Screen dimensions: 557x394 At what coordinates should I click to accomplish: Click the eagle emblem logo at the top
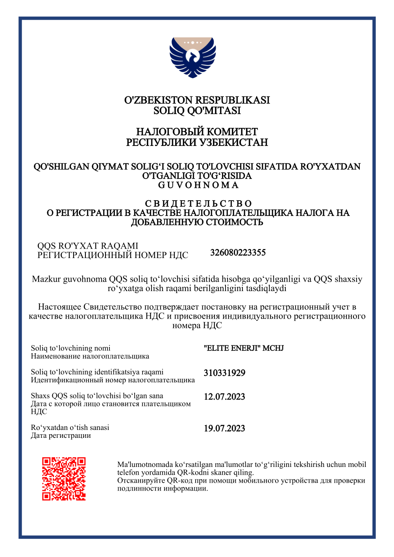tap(193, 57)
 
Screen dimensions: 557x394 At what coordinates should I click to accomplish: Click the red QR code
tap(64, 479)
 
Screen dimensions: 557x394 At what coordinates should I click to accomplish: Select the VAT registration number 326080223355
tap(238, 253)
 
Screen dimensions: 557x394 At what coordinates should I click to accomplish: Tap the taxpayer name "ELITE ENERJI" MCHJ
tap(244, 348)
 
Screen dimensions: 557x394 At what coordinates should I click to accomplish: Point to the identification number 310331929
tap(224, 373)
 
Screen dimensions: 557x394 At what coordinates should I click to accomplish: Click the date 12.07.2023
tap(224, 397)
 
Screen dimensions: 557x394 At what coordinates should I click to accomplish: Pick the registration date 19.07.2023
tap(224, 428)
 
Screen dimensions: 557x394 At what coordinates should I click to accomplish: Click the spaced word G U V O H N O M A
tap(198, 185)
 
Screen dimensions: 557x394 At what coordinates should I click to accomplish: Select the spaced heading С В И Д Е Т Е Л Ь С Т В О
tap(198, 204)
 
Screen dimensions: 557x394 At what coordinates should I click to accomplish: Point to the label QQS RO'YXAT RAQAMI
tap(88, 246)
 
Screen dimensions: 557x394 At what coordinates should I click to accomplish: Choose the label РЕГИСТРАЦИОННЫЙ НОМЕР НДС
tap(113, 255)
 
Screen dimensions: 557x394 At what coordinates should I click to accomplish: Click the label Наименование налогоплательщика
tap(90, 356)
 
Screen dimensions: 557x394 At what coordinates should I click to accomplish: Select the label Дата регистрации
tap(61, 435)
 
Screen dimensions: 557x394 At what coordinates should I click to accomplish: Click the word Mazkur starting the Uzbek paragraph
tap(46, 279)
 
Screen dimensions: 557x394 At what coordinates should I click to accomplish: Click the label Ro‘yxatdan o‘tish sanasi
tap(70, 428)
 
